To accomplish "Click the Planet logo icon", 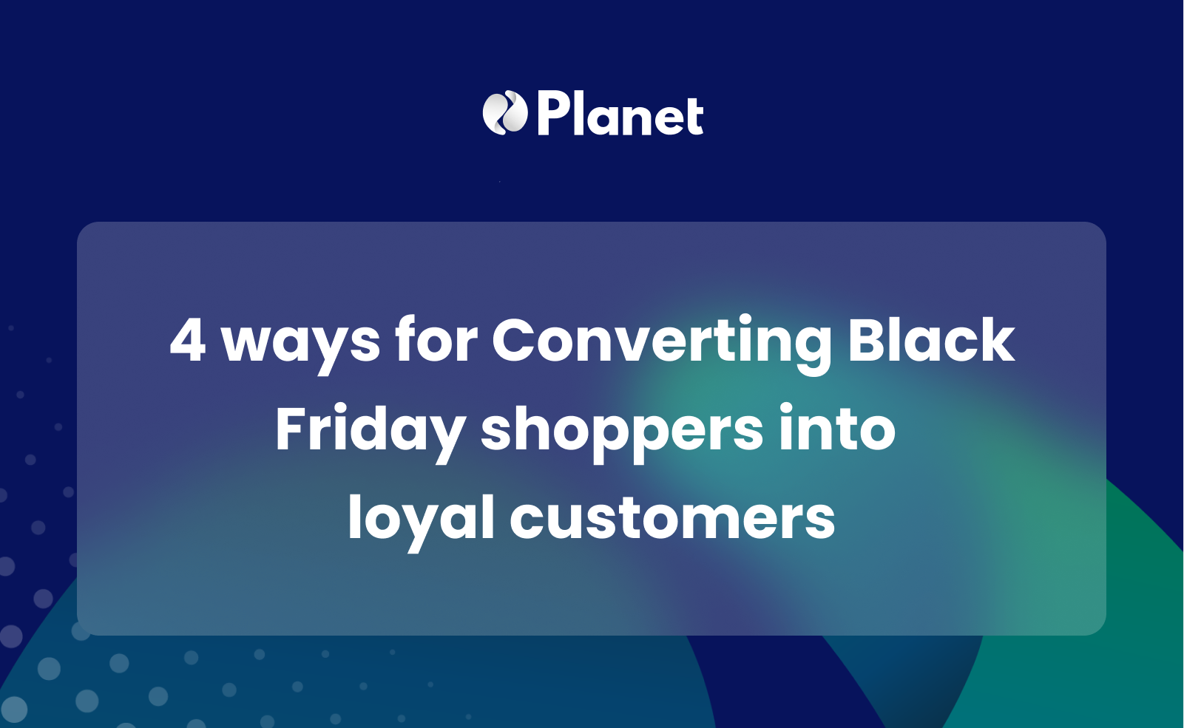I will (x=504, y=113).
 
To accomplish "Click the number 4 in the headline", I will (x=188, y=340).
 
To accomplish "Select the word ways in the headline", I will (x=301, y=342).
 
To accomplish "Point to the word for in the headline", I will (x=436, y=340).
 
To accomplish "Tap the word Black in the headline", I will (x=931, y=340).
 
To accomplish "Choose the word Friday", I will (x=370, y=431).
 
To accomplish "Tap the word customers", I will (x=672, y=519).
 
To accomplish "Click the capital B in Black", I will (x=868, y=340).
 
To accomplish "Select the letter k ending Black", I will (x=995, y=340).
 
